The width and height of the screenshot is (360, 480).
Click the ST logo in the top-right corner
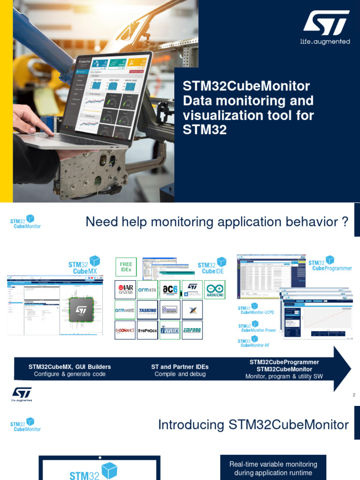[x=325, y=23]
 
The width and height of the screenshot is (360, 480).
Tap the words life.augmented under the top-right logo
[x=325, y=42]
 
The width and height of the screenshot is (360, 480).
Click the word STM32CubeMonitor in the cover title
[x=246, y=86]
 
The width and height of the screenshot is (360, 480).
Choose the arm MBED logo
[x=125, y=310]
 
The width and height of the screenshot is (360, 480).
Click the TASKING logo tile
[x=147, y=310]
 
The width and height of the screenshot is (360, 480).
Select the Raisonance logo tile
[x=125, y=330]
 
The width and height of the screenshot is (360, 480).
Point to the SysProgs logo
[x=147, y=330]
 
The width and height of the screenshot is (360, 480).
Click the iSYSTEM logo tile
[x=170, y=330]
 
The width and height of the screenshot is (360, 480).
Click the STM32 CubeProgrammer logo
[x=330, y=266]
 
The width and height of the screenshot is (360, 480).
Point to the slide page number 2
[x=354, y=395]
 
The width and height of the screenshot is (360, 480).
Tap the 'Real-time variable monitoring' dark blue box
[x=273, y=468]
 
